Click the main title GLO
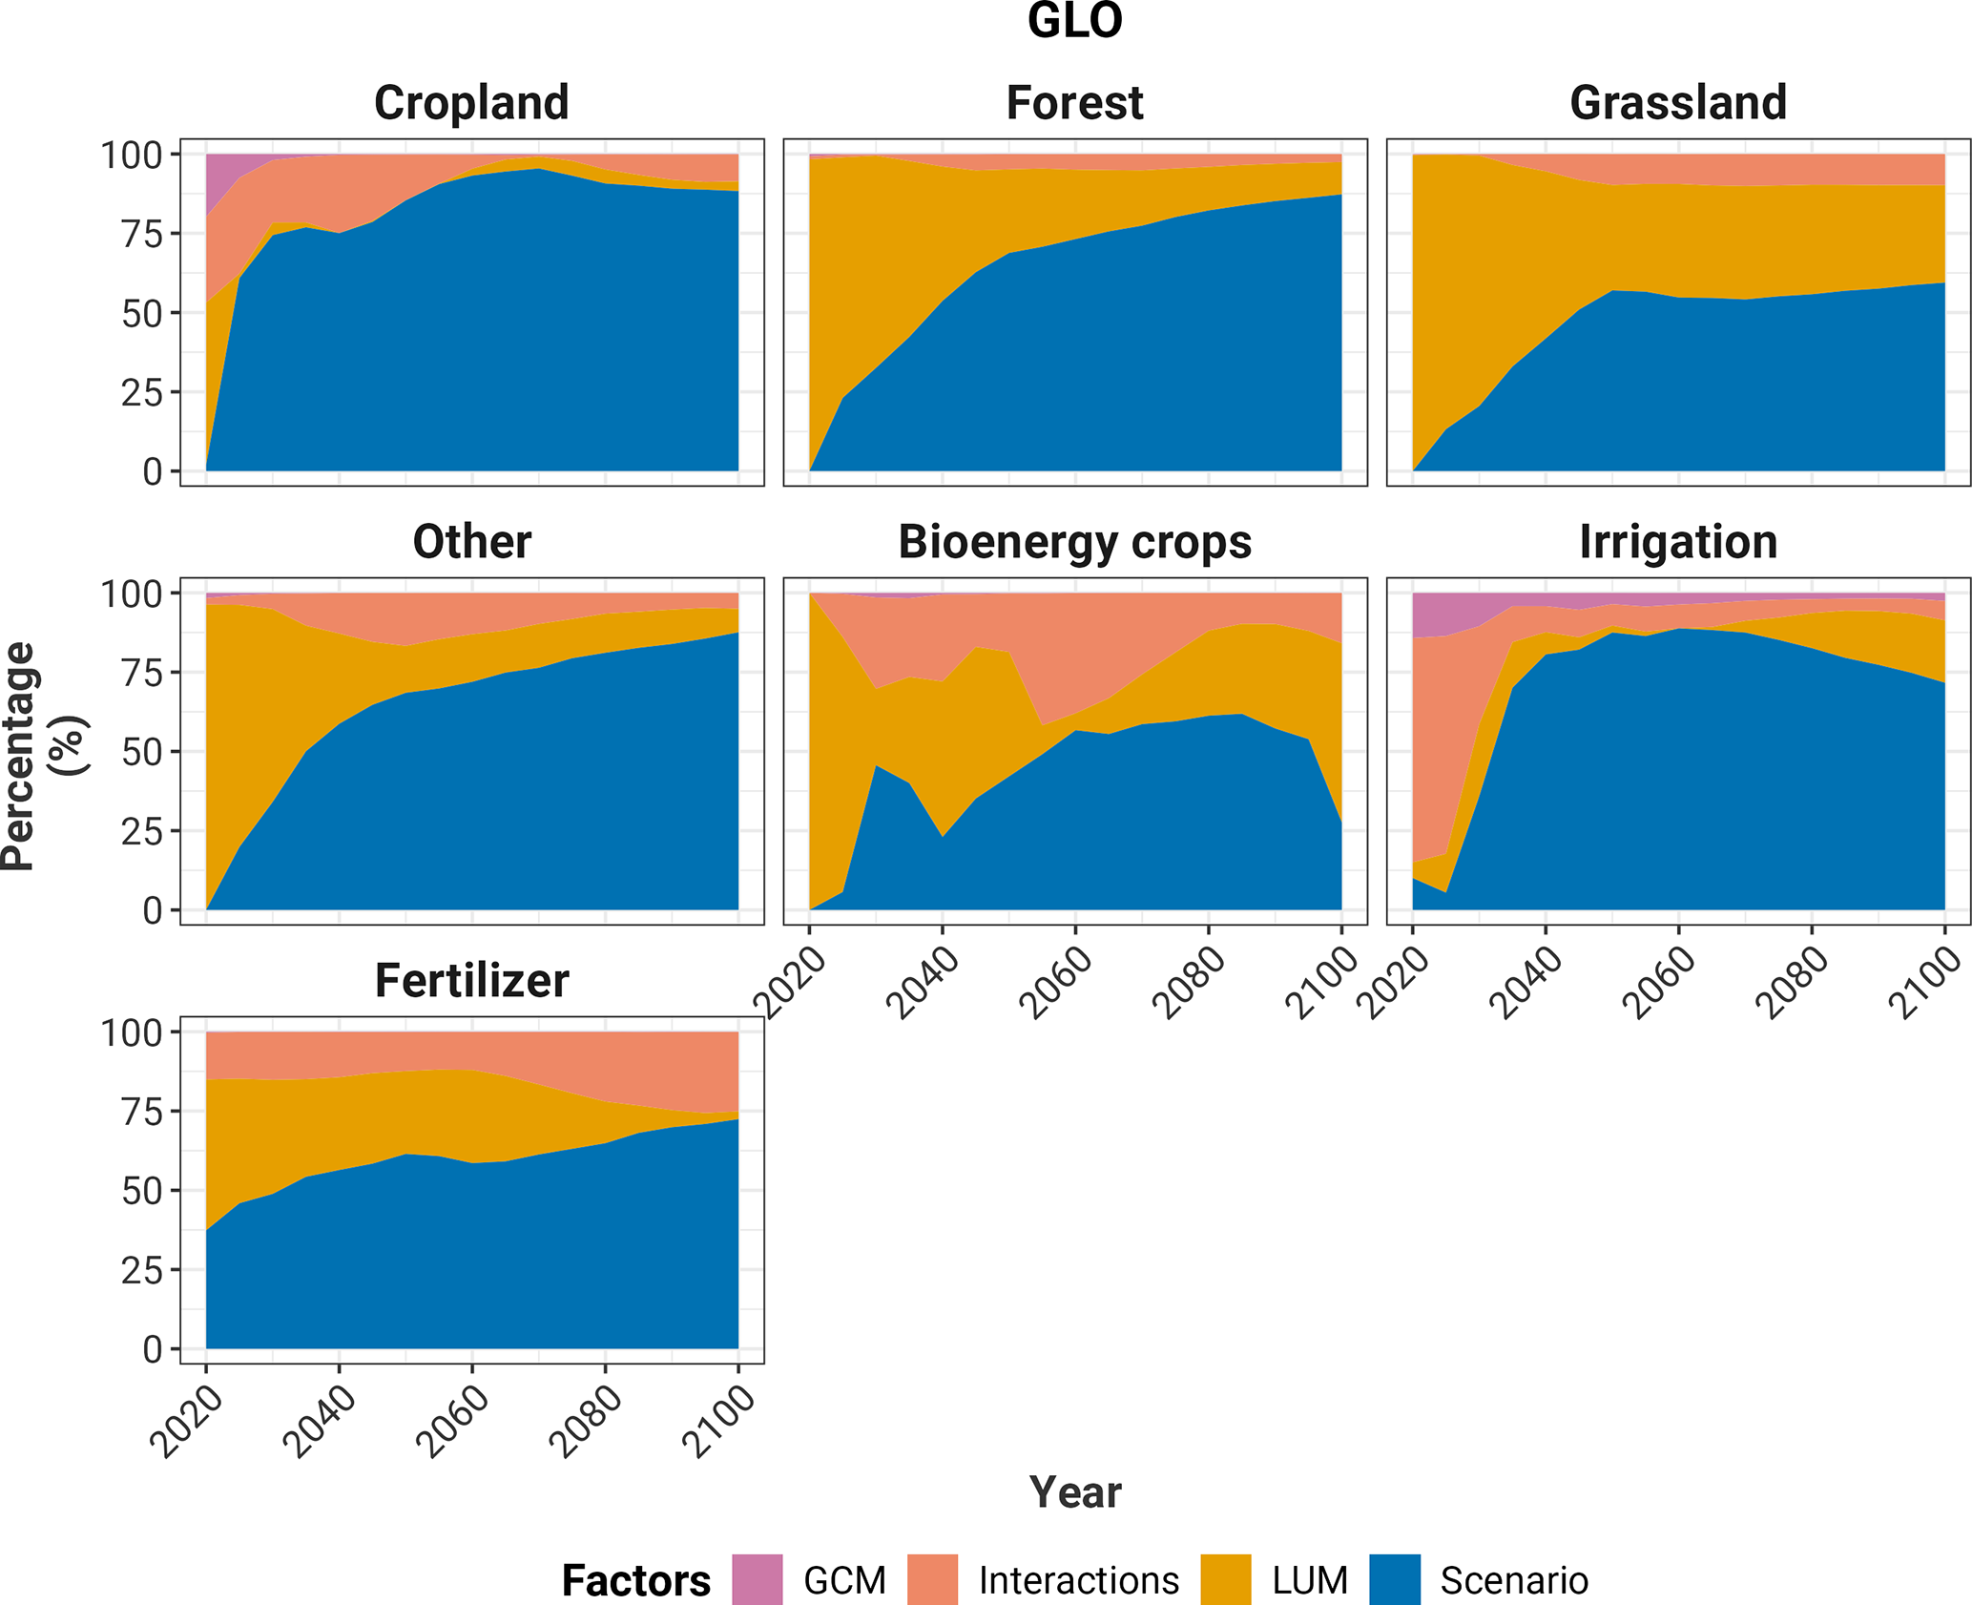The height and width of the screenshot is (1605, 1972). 1074,21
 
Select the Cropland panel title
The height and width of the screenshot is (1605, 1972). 471,102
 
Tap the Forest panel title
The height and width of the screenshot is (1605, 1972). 1074,102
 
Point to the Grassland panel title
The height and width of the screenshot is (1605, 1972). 1677,102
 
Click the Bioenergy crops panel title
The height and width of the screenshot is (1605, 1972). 1074,541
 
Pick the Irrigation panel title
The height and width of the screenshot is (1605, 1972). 1677,541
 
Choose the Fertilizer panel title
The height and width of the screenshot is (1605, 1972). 471,980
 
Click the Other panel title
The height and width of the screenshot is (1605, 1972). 471,541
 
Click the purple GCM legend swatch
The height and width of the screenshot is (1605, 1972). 758,1579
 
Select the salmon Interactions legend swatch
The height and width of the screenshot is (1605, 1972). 932,1579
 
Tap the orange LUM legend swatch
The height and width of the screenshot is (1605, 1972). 1225,1579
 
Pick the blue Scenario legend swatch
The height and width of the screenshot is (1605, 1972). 1394,1579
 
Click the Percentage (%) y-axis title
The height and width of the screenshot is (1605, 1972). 43,757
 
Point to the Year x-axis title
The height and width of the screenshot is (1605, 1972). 1074,1492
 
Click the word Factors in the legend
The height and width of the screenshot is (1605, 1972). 635,1580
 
